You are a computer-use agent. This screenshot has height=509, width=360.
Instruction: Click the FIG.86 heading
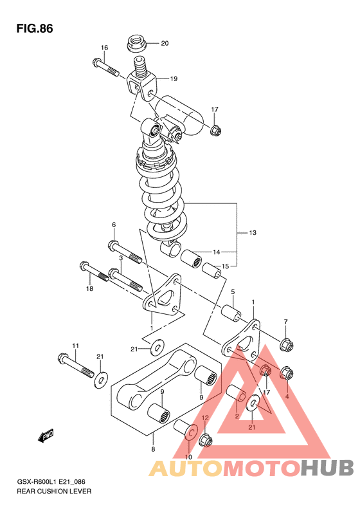35,29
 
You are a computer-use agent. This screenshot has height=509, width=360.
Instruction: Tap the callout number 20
165,43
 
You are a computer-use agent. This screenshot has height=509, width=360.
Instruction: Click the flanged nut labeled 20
136,44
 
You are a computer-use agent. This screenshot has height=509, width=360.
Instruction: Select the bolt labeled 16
105,67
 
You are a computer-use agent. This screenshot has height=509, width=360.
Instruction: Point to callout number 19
174,79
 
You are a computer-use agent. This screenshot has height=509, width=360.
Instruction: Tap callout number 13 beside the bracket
253,233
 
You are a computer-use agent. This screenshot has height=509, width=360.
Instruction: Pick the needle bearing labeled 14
191,259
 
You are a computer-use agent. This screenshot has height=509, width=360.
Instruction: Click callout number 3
121,258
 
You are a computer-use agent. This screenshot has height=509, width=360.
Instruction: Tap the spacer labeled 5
231,313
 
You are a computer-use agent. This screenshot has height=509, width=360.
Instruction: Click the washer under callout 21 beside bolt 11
102,380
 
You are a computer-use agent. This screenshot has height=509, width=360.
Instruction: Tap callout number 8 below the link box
153,450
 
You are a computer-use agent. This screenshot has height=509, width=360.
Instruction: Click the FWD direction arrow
46,435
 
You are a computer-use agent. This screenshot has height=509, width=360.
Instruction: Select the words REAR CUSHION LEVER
54,491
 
